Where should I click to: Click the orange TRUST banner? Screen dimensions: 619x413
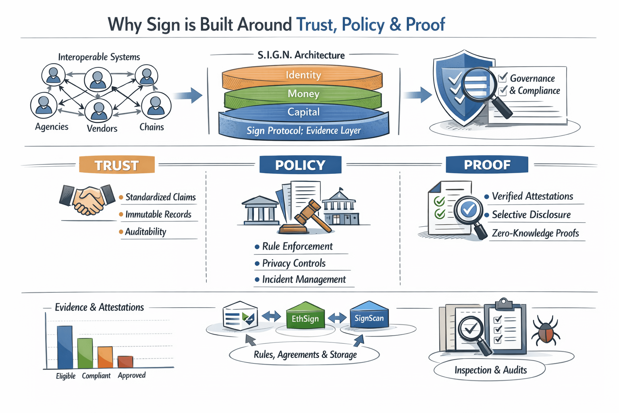(117, 165)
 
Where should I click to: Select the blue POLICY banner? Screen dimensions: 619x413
(300, 165)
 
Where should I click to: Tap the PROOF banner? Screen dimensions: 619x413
(487, 165)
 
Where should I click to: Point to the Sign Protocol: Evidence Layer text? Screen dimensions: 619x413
(304, 130)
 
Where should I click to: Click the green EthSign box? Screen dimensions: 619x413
(305, 316)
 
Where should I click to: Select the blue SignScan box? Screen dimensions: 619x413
(369, 315)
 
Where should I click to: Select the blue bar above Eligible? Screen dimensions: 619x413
(65, 347)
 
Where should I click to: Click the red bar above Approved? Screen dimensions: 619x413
(125, 362)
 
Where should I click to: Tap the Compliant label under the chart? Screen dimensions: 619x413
(96, 375)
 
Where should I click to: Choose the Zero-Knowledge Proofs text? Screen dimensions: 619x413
(535, 233)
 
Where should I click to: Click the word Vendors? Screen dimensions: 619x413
(102, 128)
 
